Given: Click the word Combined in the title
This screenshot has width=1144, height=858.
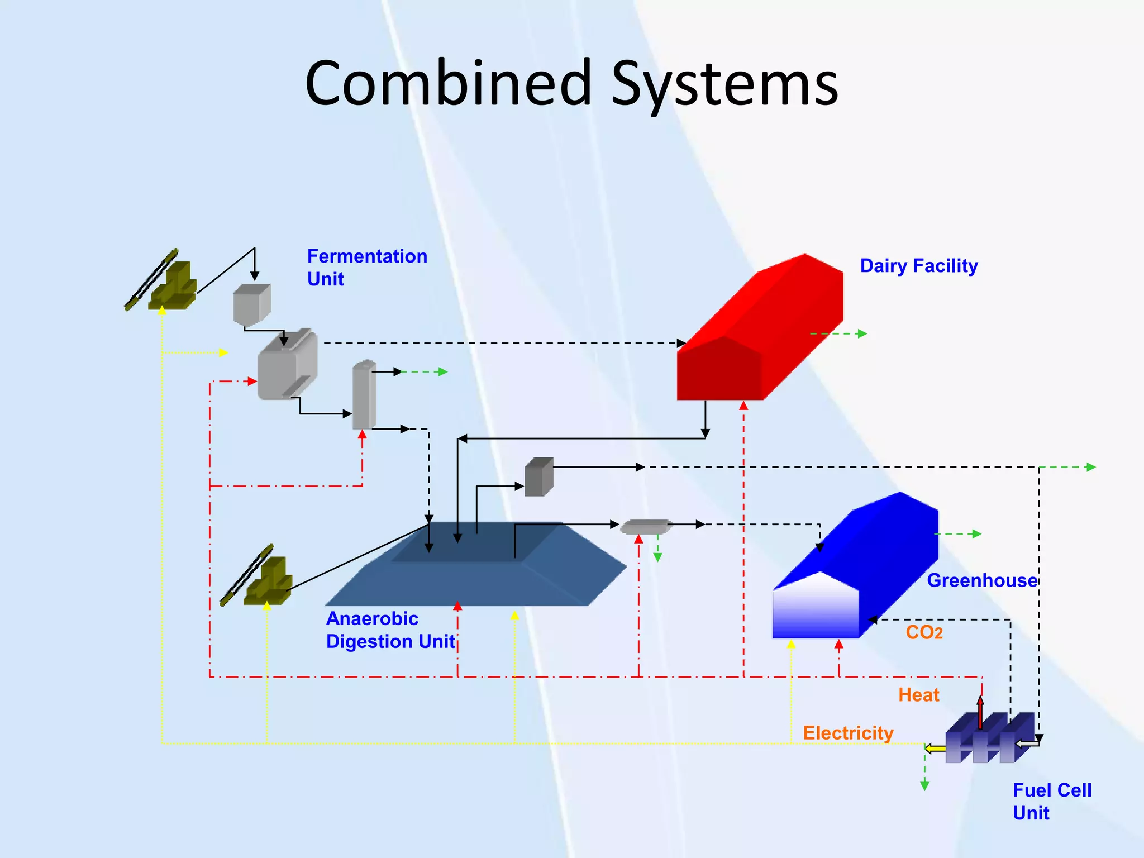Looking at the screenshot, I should pos(447,84).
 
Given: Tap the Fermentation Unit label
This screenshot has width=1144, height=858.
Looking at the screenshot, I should pos(367,267).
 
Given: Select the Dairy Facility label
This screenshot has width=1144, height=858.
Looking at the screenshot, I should pos(919,266).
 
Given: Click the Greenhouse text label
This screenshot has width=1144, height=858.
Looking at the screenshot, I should pos(982,580).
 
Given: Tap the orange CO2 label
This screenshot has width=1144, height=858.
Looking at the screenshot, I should pos(924,632).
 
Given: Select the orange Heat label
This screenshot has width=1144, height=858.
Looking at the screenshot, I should pos(918,695).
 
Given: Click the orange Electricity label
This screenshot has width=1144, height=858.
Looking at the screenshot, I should pos(848,733).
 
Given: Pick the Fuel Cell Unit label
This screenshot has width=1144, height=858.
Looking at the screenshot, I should pos(1052,802).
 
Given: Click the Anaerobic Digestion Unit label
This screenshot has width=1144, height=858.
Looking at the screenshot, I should pos(390,630).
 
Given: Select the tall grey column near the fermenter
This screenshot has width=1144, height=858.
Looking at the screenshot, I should pos(364,395).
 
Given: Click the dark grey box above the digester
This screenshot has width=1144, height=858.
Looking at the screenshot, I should pos(539,477).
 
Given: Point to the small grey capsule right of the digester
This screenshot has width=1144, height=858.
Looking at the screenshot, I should pos(646,526).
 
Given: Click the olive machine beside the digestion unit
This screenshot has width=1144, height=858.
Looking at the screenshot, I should pos(263,578).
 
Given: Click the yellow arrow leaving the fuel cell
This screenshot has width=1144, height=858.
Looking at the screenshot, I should pos(935,749).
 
